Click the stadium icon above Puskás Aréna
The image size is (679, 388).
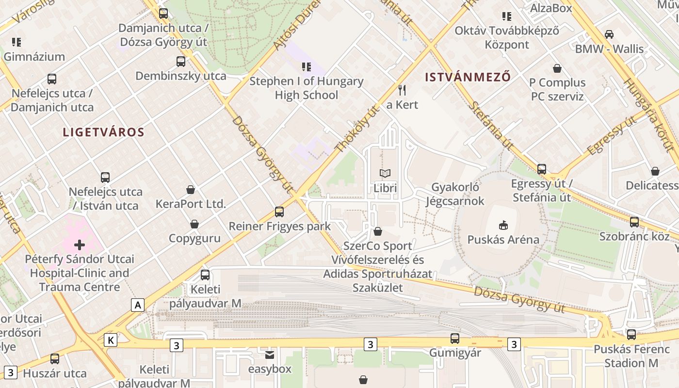(503, 225)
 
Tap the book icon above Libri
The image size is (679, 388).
(385, 173)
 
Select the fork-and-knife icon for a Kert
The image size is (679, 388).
(402, 90)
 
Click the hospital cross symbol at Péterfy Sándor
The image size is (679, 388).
(80, 244)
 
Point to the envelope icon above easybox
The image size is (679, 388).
(270, 355)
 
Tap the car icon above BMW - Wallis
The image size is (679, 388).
(609, 34)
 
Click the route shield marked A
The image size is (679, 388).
(138, 305)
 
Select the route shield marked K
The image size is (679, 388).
(111, 340)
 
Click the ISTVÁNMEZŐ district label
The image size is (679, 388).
(468, 77)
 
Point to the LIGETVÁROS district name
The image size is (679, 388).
(104, 132)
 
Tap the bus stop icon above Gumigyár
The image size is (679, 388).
(454, 339)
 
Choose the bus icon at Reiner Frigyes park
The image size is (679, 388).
(279, 212)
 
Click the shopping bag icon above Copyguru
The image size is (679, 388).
(194, 224)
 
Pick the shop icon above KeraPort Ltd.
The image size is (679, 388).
(191, 189)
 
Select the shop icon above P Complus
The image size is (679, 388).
(557, 68)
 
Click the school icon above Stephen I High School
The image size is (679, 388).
(306, 66)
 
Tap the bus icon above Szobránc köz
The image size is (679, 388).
(634, 222)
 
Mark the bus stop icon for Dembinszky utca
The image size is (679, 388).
(181, 62)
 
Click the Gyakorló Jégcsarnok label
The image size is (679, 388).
(455, 194)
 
